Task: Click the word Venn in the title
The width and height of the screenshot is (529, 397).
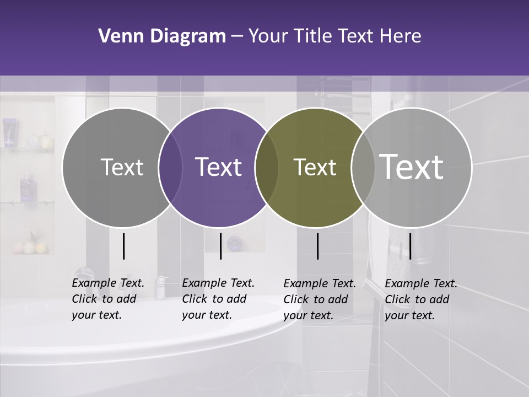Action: click(117, 36)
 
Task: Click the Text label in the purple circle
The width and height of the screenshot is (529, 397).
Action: click(219, 167)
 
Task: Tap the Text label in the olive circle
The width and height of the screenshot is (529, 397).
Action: click(315, 167)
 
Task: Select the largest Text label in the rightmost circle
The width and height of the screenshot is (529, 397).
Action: click(412, 167)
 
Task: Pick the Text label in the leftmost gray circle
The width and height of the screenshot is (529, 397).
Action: click(122, 167)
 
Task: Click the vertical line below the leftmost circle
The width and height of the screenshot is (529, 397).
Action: click(123, 246)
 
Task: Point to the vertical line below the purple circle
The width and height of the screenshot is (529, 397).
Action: click(220, 246)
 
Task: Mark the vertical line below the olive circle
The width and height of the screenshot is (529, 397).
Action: click(317, 246)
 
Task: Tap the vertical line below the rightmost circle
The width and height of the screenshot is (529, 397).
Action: click(410, 246)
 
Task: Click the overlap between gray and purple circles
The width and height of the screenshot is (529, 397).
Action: click(170, 167)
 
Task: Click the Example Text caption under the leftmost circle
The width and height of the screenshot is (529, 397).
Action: click(108, 299)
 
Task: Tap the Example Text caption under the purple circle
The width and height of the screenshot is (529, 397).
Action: click(218, 299)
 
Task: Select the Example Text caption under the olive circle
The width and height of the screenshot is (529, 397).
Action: click(320, 299)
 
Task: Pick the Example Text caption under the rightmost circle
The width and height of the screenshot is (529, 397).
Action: click(421, 299)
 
